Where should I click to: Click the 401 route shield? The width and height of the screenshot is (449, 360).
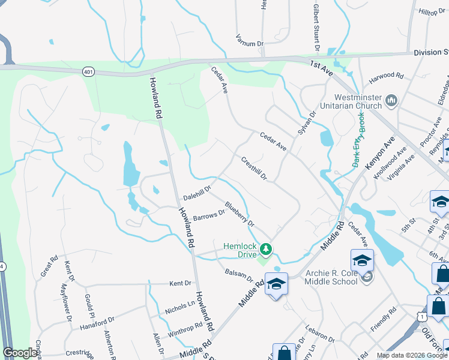tap(89, 71)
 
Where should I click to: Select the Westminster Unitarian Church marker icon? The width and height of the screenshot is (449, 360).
tap(391, 99)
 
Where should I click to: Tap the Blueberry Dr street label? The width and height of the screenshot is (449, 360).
tap(240, 214)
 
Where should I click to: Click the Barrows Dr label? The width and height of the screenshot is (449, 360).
tap(208, 215)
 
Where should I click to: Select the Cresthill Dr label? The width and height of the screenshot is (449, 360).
tap(253, 168)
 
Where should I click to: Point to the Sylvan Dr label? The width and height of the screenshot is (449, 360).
tap(306, 123)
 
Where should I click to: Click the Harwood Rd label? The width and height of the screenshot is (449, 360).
tap(386, 76)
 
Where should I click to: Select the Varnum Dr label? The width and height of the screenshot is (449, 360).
tap(249, 43)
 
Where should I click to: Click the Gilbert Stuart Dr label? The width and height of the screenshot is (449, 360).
tap(315, 28)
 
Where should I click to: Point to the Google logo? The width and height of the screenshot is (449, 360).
tap(20, 353)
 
